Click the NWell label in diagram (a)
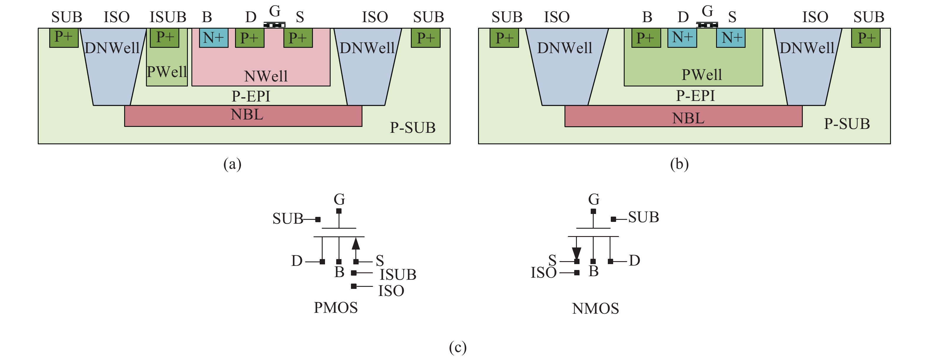(266, 76)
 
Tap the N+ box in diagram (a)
(214, 37)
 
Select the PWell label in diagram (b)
(701, 75)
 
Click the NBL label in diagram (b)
(688, 118)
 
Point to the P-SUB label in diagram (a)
(413, 128)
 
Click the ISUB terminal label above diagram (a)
(168, 17)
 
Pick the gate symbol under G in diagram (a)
(275, 25)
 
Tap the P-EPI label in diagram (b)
(695, 96)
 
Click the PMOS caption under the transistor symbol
(335, 308)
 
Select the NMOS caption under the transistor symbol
(595, 308)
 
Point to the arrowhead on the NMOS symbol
(576, 253)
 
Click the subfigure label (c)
(458, 347)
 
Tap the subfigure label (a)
(232, 164)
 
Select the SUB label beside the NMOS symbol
(644, 217)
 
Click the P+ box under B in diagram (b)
(646, 38)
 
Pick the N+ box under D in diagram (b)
(682, 38)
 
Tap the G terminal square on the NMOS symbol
(593, 211)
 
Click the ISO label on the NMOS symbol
(544, 273)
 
